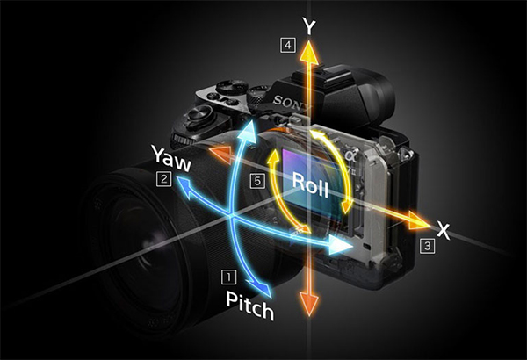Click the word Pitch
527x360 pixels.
click(249, 305)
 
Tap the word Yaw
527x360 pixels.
click(172, 158)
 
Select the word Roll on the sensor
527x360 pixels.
click(310, 184)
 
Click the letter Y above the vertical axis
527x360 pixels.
click(309, 26)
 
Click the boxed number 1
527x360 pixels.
click(229, 277)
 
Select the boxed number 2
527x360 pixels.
click(163, 179)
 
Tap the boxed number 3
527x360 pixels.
click(427, 246)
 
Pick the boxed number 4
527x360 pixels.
click(288, 45)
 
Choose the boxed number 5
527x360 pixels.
click(257, 181)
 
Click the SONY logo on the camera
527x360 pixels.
click(292, 103)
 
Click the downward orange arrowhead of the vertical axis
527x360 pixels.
click(308, 303)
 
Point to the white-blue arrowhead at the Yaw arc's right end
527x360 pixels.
click(340, 245)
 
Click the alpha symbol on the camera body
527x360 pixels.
click(350, 155)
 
